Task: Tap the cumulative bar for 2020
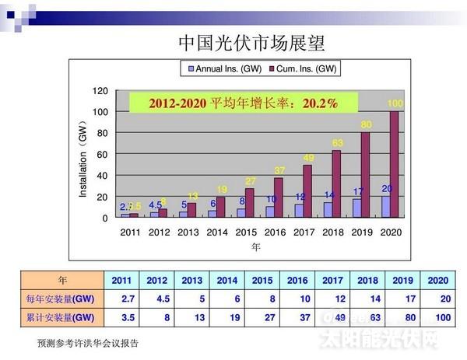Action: tap(395, 164)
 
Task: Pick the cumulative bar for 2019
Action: tap(365, 174)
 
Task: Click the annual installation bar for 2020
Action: tap(384, 206)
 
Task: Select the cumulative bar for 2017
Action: tap(307, 190)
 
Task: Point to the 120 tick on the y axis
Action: tap(100, 91)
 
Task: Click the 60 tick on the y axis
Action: tap(103, 154)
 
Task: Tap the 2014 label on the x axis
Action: tap(218, 232)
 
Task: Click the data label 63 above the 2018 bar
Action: tap(337, 142)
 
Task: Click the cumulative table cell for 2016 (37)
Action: tap(297, 317)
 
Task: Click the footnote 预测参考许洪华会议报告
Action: tap(88, 343)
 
